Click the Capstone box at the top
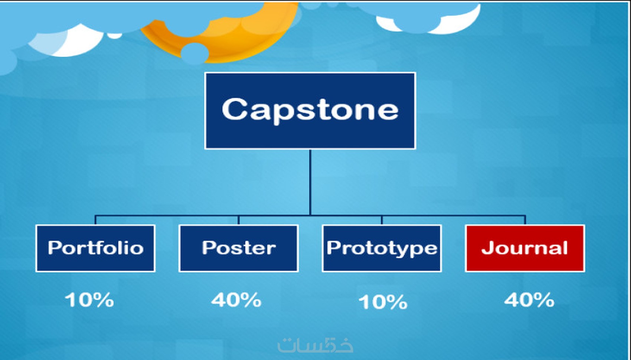310,111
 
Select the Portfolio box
95,248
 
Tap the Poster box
239,248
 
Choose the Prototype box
382,248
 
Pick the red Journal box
525,248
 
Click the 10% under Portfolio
89,300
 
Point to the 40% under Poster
236,300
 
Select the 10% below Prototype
383,302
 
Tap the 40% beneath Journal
529,300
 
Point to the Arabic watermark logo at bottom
315,345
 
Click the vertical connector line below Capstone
310,182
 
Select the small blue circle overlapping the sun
194,53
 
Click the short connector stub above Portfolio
95,220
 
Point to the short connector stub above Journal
525,220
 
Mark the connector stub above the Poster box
239,220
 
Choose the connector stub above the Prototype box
382,220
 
